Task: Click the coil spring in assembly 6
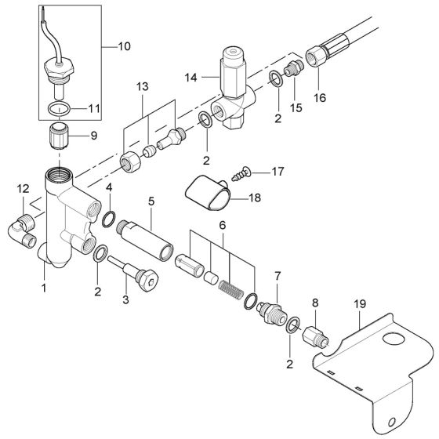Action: click(x=234, y=283)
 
